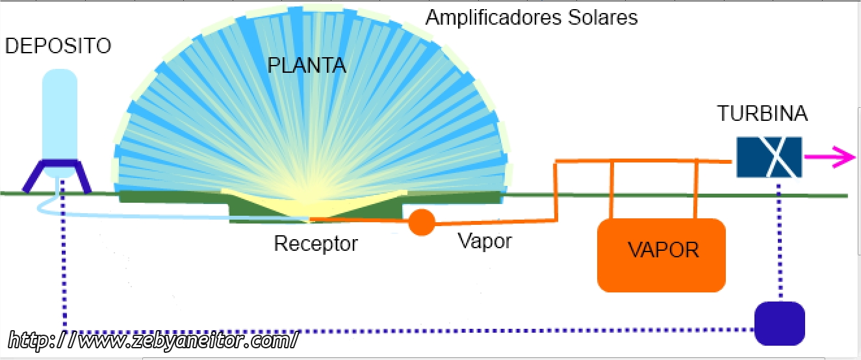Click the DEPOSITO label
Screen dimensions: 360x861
pos(58,46)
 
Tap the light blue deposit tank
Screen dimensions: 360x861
pos(60,114)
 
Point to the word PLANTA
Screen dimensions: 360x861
pos(307,66)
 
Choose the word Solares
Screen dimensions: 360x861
pos(604,18)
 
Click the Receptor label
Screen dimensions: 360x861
pos(316,244)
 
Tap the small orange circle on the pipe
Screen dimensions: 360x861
pos(422,222)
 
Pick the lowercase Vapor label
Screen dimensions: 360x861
pos(485,241)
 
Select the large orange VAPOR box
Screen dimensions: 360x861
pos(661,255)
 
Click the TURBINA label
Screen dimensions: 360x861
pos(762,114)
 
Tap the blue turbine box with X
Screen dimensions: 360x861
pos(769,157)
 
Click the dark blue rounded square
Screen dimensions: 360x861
pos(779,323)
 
